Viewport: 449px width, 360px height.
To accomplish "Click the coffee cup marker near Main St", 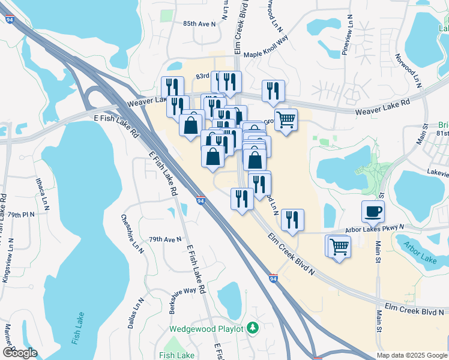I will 373,211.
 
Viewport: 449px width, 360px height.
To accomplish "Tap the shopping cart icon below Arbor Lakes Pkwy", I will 338,246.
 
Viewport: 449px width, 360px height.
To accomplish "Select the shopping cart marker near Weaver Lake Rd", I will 286,119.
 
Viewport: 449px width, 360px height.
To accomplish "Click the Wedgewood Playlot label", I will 206,329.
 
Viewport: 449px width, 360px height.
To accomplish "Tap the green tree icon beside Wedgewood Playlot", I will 253,328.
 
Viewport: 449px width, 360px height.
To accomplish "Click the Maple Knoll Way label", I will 266,53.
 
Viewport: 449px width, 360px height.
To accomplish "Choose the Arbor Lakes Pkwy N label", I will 375,228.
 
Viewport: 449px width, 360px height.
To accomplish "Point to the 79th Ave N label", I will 165,239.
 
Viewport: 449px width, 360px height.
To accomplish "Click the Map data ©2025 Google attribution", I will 412,355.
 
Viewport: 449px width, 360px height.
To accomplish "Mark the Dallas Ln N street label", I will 134,313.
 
